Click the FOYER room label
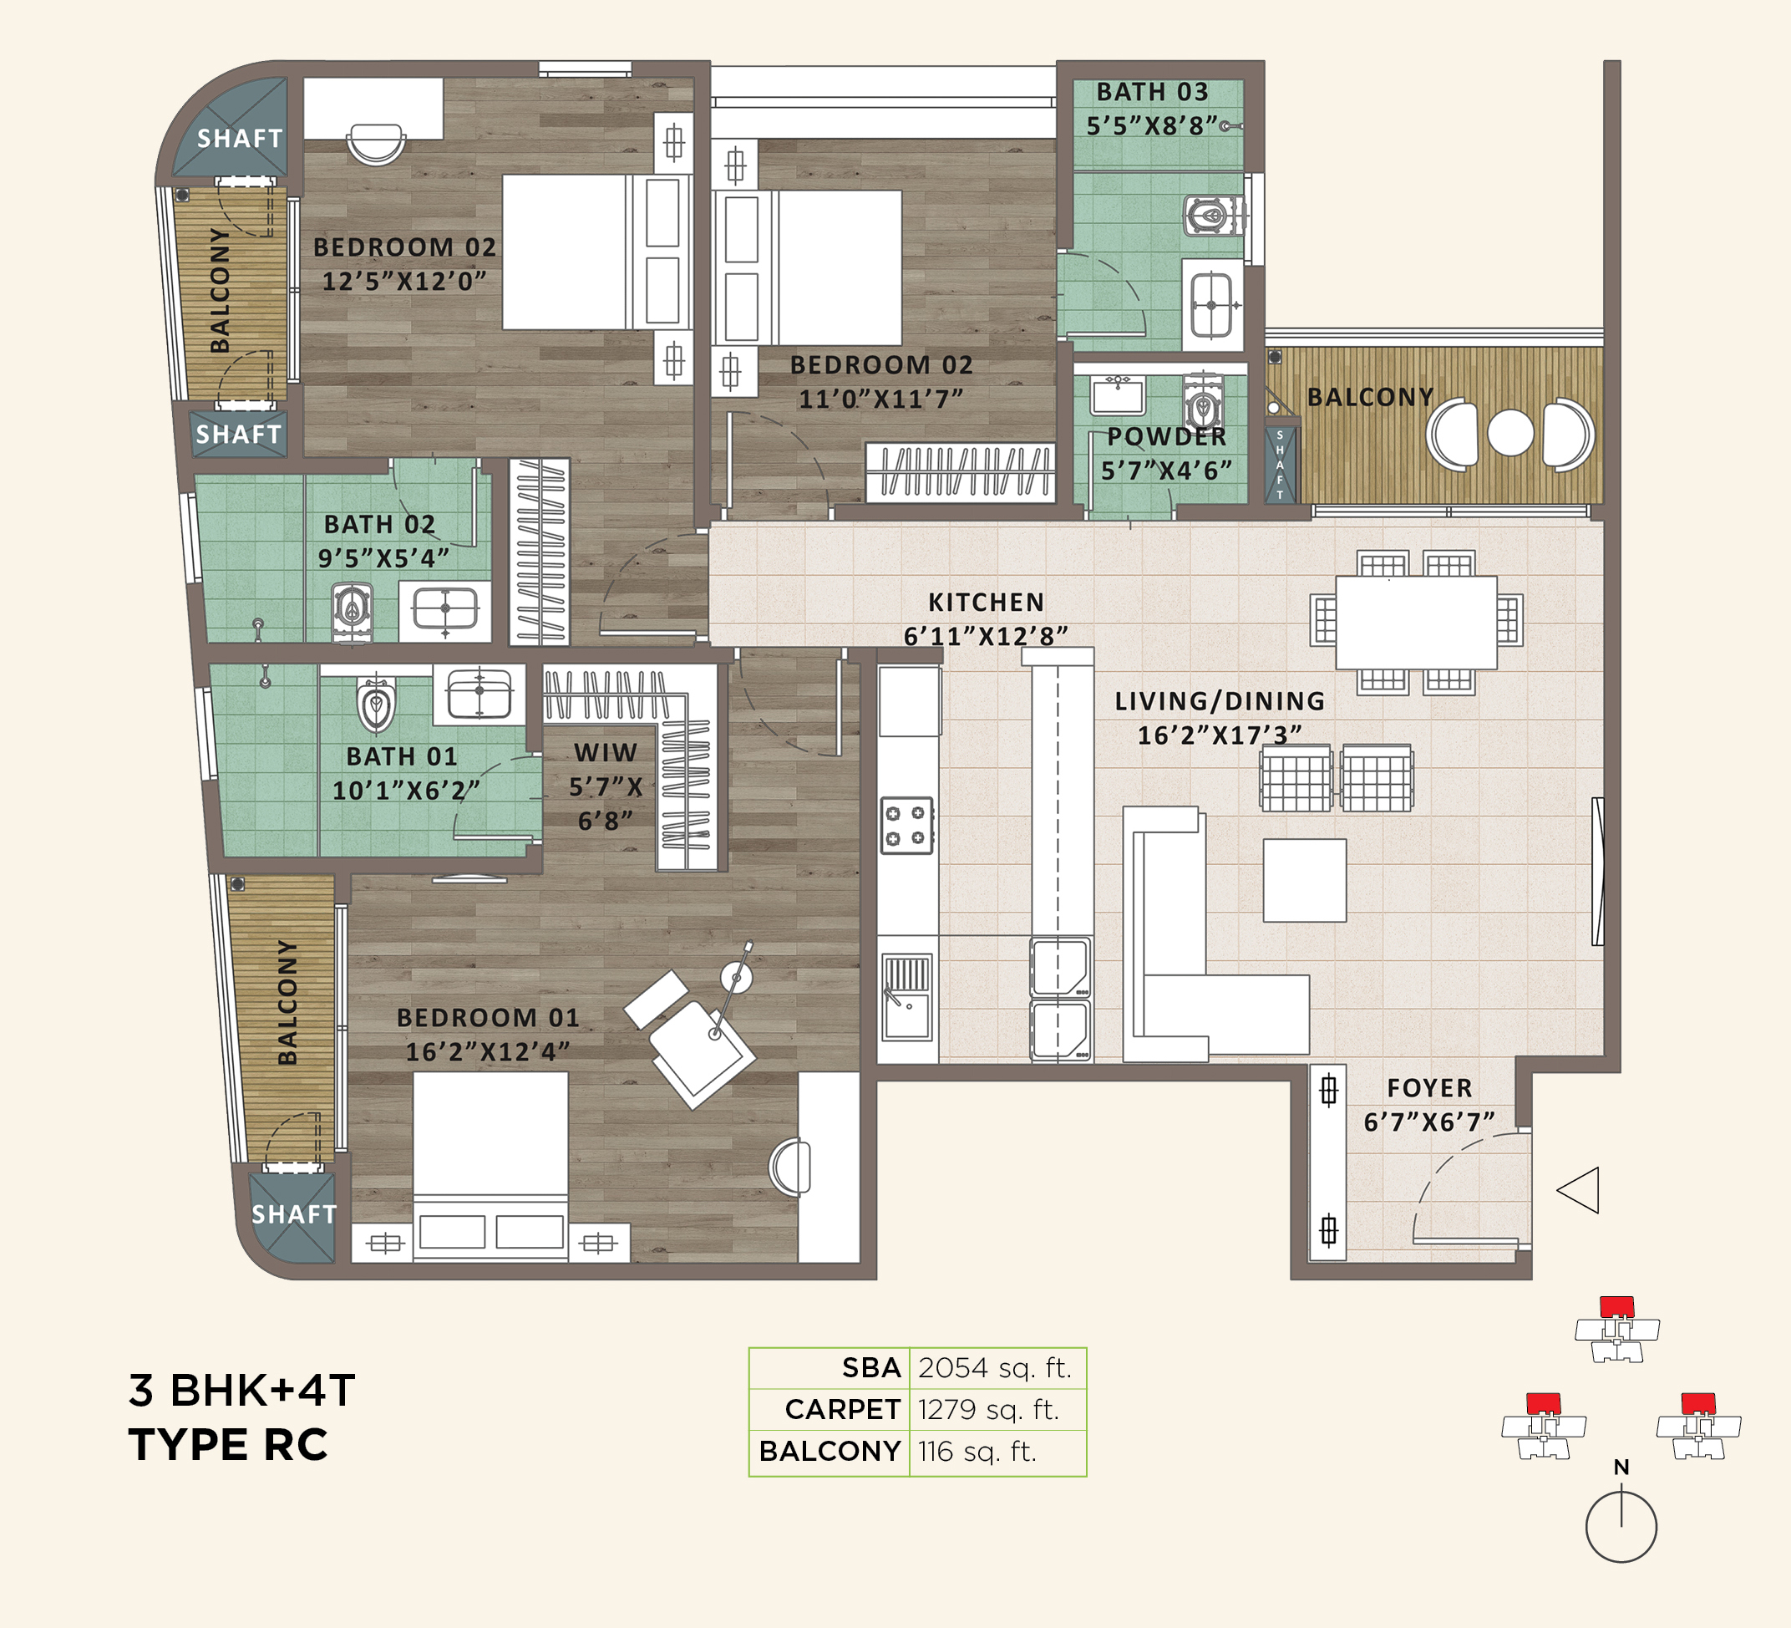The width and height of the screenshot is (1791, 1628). coord(1429,1088)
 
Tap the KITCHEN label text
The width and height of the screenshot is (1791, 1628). coord(986,603)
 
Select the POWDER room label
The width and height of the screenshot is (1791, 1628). coord(1166,436)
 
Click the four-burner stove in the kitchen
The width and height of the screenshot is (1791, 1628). coord(906,826)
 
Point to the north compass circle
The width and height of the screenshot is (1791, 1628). coord(1621,1527)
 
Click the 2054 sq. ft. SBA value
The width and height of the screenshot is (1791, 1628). coord(995,1367)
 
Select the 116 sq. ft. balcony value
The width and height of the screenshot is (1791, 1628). coord(977,1451)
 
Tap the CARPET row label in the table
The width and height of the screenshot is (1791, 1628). coord(842,1409)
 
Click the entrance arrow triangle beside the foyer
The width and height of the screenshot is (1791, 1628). coord(1580,1190)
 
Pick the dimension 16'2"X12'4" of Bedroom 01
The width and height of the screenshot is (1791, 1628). coord(487,1052)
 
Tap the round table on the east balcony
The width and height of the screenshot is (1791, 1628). coord(1510,433)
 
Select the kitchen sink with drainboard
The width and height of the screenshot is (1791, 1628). coord(906,997)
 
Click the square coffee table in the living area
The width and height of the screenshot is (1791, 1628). coord(1304,880)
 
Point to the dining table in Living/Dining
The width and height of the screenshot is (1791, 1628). coord(1416,622)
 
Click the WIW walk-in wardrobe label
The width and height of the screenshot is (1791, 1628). coord(605,753)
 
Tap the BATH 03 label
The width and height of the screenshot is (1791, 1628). coord(1152,92)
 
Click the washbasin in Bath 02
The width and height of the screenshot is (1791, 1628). coord(445,609)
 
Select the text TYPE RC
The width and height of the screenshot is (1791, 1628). coord(228,1445)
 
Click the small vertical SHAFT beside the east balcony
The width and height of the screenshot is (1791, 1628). coord(1279,465)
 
